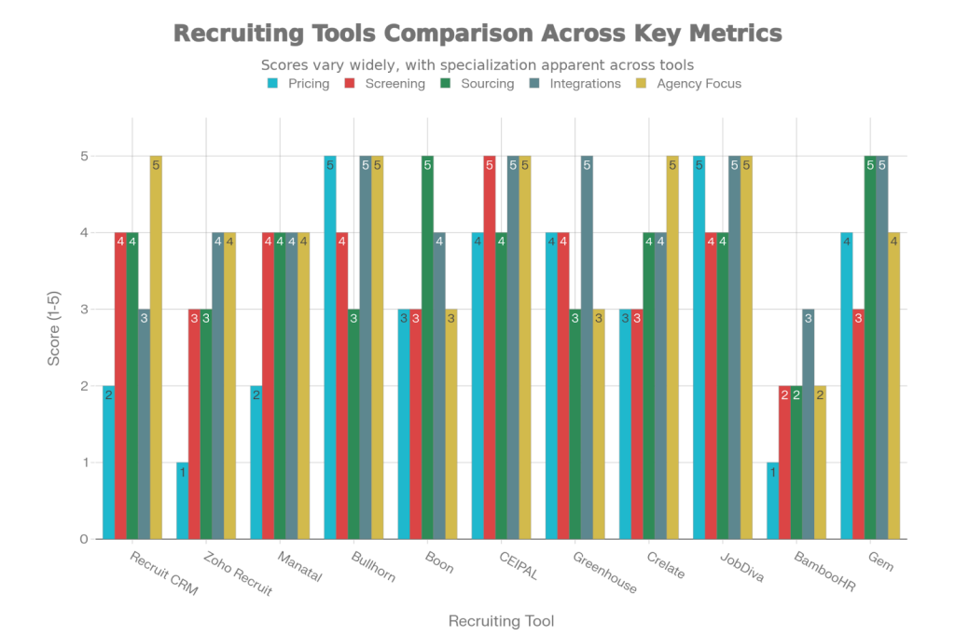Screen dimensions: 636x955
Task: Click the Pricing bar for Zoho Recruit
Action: point(183,500)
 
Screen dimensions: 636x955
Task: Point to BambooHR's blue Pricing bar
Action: point(772,500)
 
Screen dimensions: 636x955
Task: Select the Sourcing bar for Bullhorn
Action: point(353,423)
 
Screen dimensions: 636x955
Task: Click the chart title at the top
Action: point(477,34)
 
